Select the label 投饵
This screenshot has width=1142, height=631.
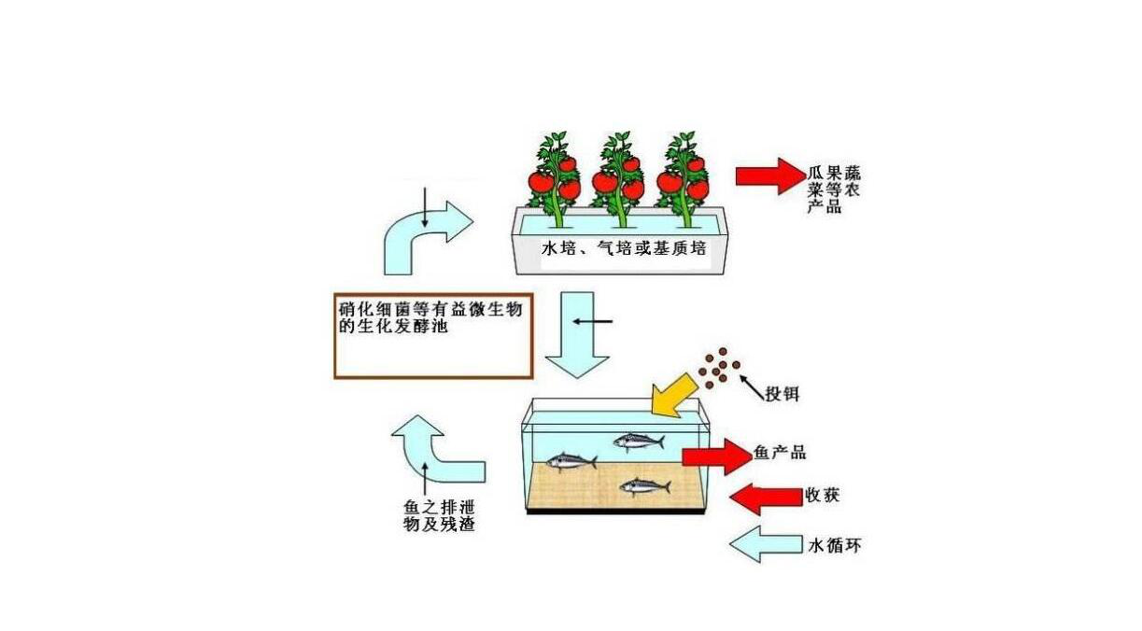point(782,394)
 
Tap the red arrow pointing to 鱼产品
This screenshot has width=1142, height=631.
point(715,456)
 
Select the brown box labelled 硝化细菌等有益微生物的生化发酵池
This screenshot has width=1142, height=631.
point(433,336)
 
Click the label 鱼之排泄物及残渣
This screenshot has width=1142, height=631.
point(439,515)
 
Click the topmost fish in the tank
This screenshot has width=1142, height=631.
point(639,441)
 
